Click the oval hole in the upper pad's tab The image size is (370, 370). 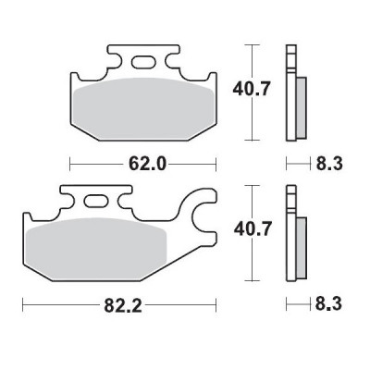pyautogui.click(x=142, y=63)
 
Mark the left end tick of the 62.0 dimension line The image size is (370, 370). pyautogui.click(x=70, y=165)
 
